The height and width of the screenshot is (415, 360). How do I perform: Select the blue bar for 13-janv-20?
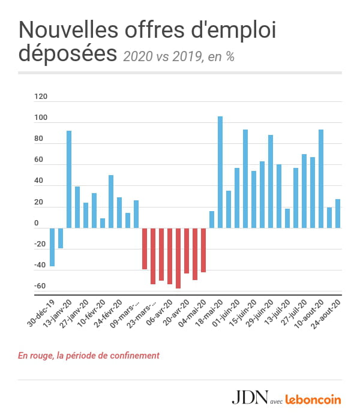point(69,179)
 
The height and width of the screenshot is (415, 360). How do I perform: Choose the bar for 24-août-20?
point(338,213)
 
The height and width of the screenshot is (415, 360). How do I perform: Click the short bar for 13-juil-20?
point(287,218)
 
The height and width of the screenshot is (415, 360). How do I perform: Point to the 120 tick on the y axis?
point(41,97)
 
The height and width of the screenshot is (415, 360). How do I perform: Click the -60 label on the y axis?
point(40,286)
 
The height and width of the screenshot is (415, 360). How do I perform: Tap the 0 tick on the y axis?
point(36,224)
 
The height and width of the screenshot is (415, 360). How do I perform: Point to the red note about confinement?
point(89,356)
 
